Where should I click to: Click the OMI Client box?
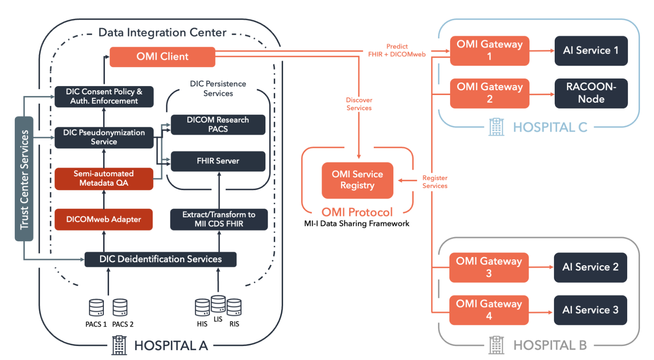(162, 57)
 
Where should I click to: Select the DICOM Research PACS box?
(218, 125)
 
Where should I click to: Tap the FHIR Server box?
(218, 161)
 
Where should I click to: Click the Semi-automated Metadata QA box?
(104, 178)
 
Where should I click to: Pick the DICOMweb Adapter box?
(104, 219)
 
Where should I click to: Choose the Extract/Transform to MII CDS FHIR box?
(219, 219)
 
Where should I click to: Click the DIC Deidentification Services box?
(160, 259)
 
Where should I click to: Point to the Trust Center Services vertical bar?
(24, 179)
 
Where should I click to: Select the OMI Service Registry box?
(357, 180)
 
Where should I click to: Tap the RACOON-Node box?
(591, 93)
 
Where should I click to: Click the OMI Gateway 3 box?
(489, 267)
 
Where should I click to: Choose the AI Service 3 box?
(591, 310)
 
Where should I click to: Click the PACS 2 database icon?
(120, 308)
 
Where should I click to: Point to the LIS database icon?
(218, 304)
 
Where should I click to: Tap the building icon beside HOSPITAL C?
(497, 127)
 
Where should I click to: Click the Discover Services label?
(359, 104)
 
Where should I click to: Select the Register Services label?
(435, 182)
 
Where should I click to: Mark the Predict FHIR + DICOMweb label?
(397, 50)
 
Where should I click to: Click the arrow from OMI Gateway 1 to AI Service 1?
(542, 51)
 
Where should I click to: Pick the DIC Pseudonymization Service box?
(104, 137)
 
